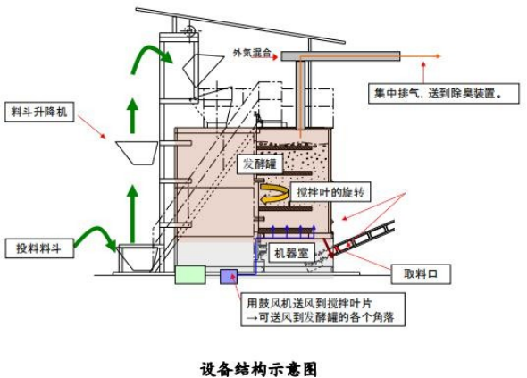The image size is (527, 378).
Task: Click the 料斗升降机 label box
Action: click(x=39, y=112)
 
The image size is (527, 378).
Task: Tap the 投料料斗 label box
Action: click(x=39, y=248)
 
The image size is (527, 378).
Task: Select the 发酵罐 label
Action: click(x=259, y=164)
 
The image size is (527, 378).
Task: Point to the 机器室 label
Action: click(x=291, y=253)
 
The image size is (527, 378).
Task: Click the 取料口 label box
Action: click(x=421, y=274)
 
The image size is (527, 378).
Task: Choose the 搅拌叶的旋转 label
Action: click(x=330, y=192)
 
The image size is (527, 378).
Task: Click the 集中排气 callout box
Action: click(x=444, y=93)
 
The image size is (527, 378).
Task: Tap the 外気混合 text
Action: click(x=252, y=53)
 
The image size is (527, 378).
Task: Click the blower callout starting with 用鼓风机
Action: click(x=323, y=309)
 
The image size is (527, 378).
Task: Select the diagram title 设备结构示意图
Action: click(x=258, y=369)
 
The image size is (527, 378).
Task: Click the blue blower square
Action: click(x=229, y=276)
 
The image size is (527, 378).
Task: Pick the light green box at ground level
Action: click(x=190, y=274)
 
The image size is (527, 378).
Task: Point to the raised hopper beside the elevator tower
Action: click(x=138, y=153)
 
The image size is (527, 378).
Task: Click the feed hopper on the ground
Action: click(x=138, y=258)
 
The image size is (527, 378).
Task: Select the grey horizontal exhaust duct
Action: click(x=340, y=55)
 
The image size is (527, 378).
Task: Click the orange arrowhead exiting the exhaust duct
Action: click(x=437, y=56)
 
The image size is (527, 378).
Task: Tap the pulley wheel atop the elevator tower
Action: click(x=190, y=31)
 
